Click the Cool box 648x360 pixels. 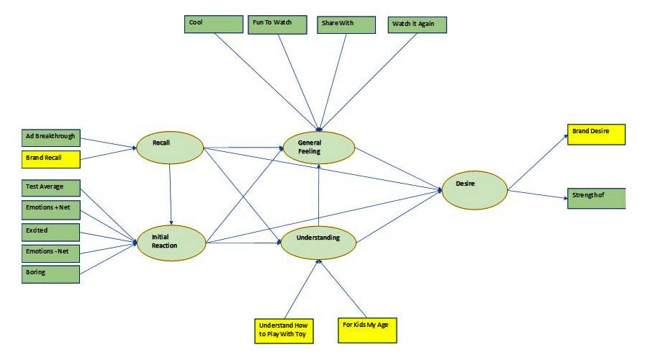click(x=214, y=24)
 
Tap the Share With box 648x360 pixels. click(x=346, y=24)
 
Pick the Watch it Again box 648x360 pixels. click(x=417, y=24)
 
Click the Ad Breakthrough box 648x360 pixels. click(x=50, y=137)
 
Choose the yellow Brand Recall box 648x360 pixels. click(x=50, y=156)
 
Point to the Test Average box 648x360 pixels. click(x=50, y=187)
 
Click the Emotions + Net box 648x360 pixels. click(x=50, y=210)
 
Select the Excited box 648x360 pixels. click(x=50, y=231)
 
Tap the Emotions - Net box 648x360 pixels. click(x=50, y=252)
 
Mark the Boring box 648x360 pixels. click(x=50, y=273)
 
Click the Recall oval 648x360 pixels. click(x=169, y=147)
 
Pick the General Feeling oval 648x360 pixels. click(x=319, y=147)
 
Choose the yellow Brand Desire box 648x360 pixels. click(x=596, y=135)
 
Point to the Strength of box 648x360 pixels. click(x=596, y=198)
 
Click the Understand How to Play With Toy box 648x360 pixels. click(x=284, y=330)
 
